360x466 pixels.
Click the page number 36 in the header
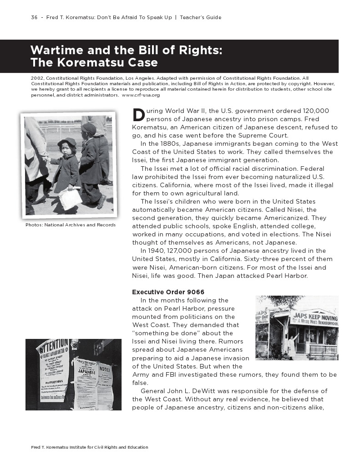[34, 17]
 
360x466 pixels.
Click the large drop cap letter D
[138, 115]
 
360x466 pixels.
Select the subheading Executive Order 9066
[168, 292]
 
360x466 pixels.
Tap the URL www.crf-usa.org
[141, 95]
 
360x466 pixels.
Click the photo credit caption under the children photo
[71, 225]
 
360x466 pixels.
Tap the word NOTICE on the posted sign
[105, 369]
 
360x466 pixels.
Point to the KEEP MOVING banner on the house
[315, 318]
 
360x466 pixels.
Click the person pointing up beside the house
[291, 346]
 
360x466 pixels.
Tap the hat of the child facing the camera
[67, 143]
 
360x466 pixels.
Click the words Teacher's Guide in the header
[200, 17]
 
